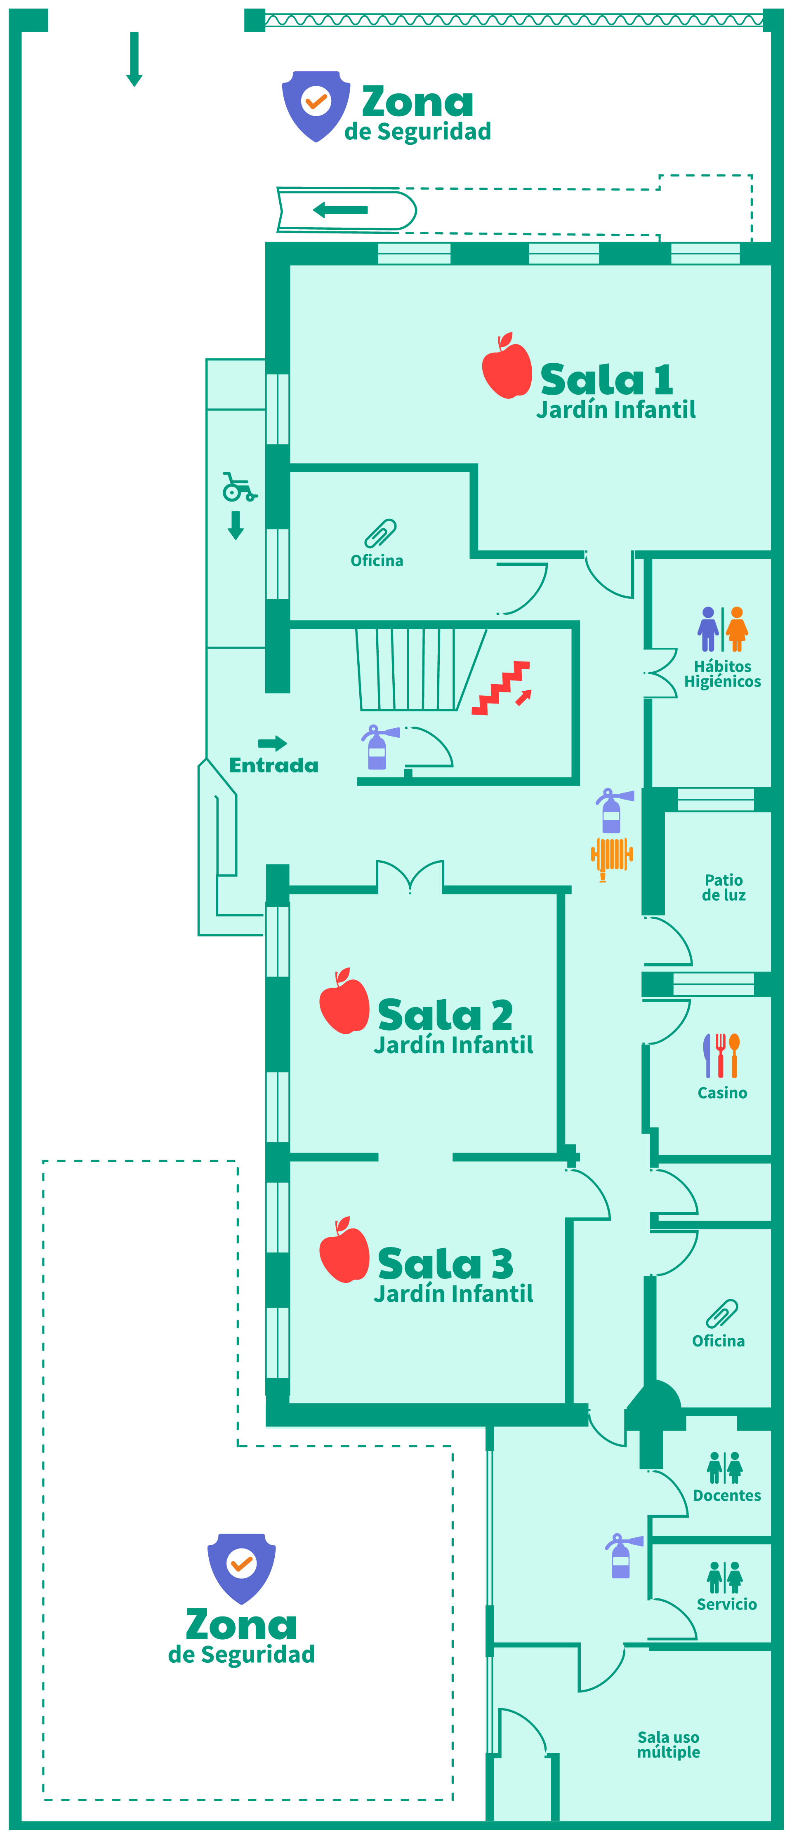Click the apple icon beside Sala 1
[507, 365]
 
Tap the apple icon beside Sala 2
[344, 1000]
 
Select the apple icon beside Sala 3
[344, 1250]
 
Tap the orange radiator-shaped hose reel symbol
[611, 858]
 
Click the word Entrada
[274, 766]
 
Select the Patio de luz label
[724, 887]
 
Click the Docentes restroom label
[726, 1496]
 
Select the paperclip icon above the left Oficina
[380, 533]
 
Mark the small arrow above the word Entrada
[273, 744]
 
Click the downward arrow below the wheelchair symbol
[236, 525]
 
